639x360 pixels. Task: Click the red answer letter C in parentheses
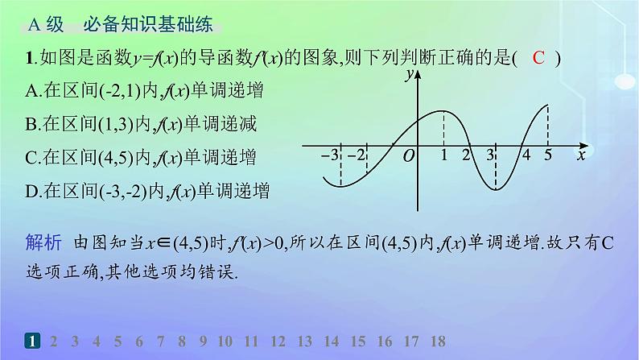539,58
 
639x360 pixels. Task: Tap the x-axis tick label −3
328,155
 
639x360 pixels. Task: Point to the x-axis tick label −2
357,155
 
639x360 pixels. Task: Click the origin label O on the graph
408,155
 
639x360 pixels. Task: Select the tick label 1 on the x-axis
444,155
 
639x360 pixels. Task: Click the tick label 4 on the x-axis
526,155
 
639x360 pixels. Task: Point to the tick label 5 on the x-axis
548,155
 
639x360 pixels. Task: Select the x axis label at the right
580,155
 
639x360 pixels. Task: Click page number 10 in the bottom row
225,341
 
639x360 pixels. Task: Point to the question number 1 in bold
30,58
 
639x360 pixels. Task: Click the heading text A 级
45,25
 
